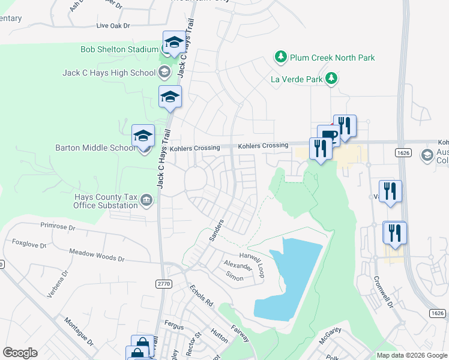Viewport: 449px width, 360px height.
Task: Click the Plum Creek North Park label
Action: (x=332, y=58)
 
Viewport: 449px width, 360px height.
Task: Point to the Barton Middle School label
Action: (x=95, y=148)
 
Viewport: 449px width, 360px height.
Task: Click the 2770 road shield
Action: (x=163, y=283)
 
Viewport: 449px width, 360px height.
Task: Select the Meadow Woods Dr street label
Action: (x=96, y=256)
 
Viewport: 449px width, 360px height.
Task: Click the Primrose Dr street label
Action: (x=58, y=227)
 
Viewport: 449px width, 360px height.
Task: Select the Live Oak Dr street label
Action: (x=113, y=26)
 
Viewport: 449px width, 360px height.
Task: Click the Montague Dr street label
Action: (x=79, y=331)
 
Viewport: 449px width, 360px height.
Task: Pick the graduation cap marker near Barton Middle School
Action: (x=143, y=136)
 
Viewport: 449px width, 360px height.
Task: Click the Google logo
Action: (x=20, y=352)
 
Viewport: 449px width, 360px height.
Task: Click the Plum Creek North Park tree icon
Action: (x=280, y=58)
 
